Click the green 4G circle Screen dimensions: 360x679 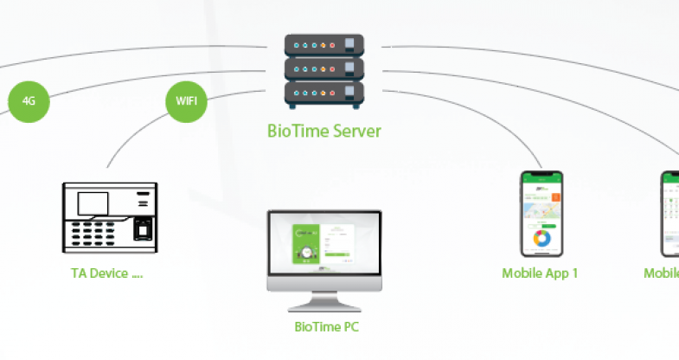pos(29,100)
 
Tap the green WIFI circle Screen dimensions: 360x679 pos(186,100)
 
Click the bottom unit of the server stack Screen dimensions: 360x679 pos(324,91)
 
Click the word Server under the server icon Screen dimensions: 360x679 pos(358,132)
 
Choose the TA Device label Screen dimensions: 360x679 pos(106,273)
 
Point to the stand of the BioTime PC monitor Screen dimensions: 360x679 pos(325,299)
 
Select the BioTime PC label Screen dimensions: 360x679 pos(326,327)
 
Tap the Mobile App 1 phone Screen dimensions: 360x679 pos(541,214)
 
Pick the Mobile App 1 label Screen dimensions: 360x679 pos(540,273)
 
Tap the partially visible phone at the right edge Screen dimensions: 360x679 pos(670,214)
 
